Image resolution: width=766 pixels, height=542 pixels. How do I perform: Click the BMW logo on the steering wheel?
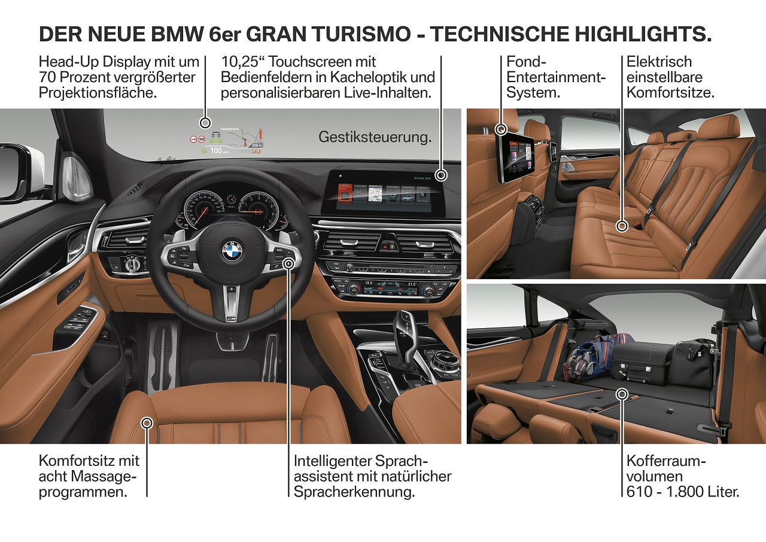tap(231, 252)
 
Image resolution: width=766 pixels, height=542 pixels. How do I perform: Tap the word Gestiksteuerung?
tap(375, 137)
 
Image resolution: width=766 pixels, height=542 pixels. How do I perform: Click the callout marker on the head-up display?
tap(205, 123)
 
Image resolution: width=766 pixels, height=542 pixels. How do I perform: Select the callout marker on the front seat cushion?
tap(147, 423)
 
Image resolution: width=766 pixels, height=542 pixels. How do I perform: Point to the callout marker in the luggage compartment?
tap(622, 394)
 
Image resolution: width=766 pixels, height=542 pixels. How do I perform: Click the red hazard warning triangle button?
tap(384, 246)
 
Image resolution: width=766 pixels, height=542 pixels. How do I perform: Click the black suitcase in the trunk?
tap(641, 362)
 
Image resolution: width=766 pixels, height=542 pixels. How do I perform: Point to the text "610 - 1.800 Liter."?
tap(683, 492)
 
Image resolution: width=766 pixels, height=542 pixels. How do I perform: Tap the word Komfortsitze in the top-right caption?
tap(671, 93)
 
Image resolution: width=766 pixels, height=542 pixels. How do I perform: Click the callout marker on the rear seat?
tap(622, 226)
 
